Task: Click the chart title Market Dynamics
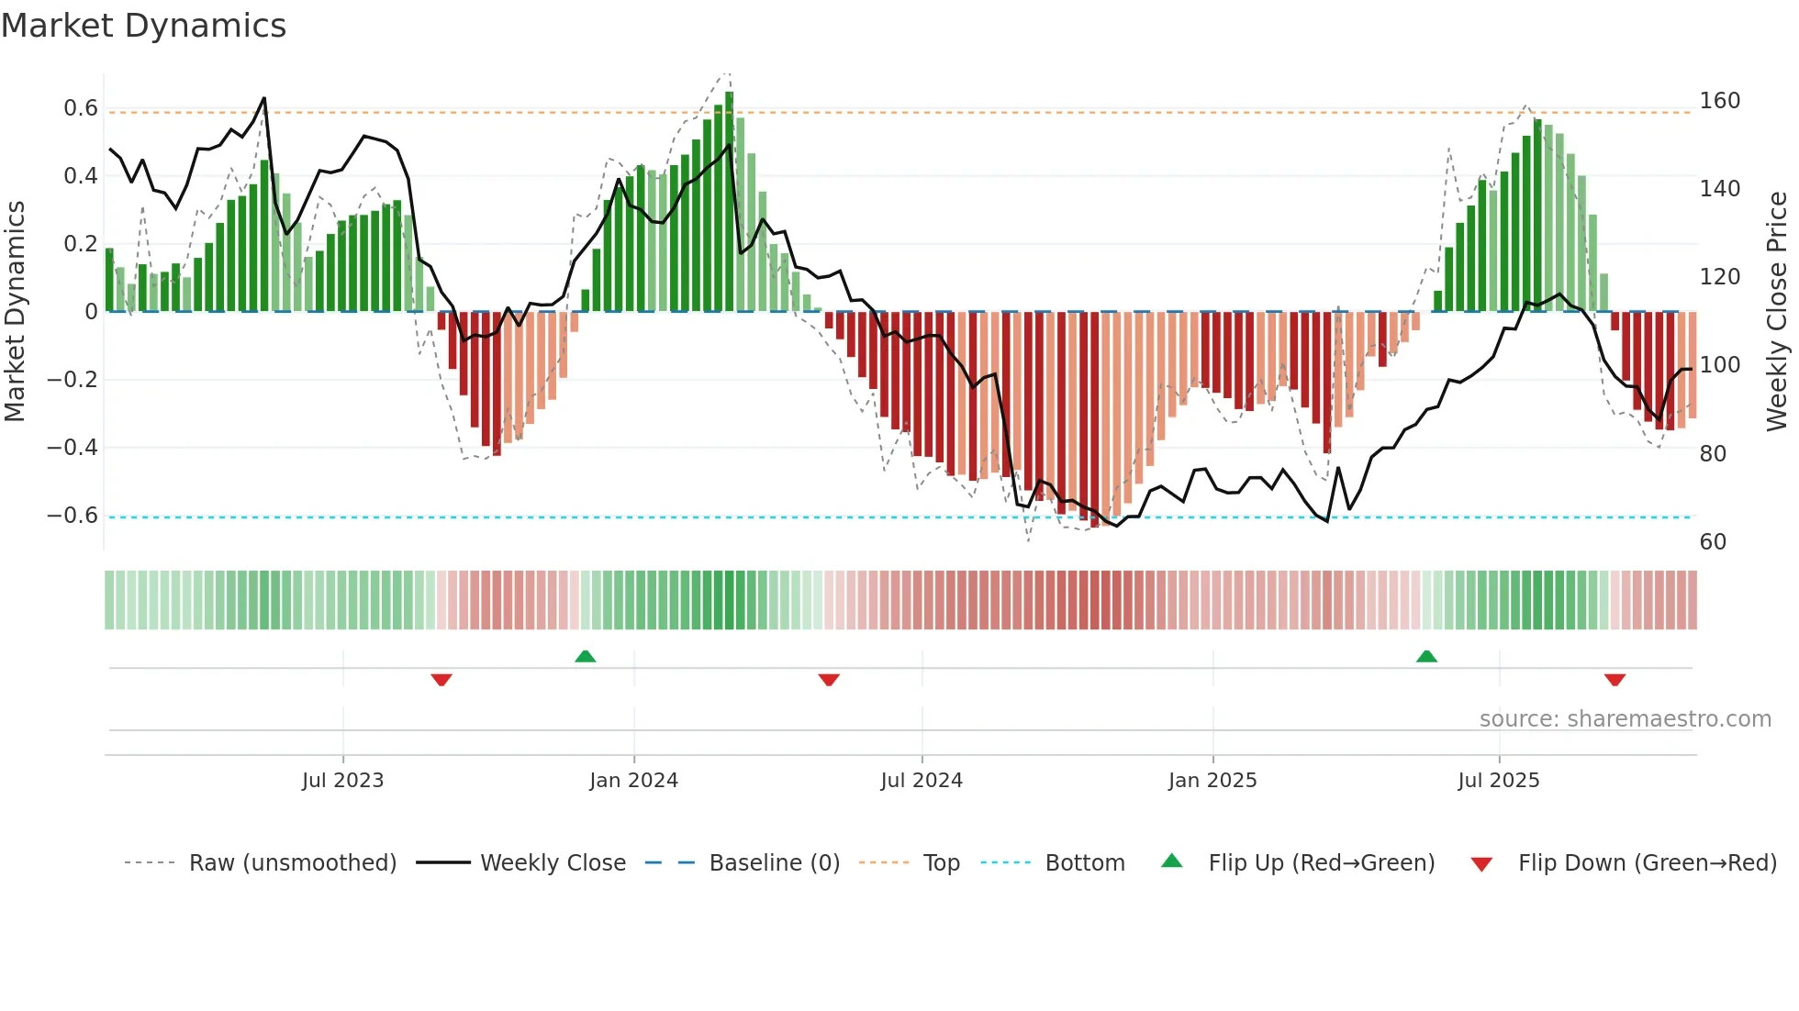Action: pos(143,26)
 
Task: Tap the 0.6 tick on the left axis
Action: pos(81,108)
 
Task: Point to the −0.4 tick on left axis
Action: pos(73,448)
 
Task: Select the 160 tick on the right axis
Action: pos(1719,101)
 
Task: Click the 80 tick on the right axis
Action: pos(1713,454)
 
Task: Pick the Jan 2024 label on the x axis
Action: pos(633,781)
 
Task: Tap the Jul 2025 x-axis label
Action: pos(1498,781)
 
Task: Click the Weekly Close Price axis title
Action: pos(1777,312)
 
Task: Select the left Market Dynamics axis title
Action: pos(15,312)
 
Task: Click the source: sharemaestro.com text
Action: pos(1625,719)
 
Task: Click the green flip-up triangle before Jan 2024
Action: pos(586,656)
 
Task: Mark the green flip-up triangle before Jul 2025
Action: pos(1426,656)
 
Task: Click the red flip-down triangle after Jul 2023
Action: pos(441,680)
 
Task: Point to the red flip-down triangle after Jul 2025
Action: pos(1615,680)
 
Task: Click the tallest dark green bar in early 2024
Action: pos(729,202)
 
